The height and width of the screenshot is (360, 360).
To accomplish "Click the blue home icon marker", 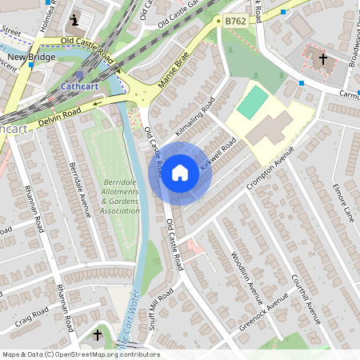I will click(x=180, y=172).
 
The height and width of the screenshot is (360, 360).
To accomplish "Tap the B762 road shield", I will click(x=234, y=22).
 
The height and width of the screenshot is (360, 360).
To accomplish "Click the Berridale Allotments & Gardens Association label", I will click(x=121, y=197).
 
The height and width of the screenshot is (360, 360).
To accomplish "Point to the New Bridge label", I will click(x=30, y=58).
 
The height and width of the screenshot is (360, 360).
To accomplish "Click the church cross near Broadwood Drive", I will click(x=323, y=59).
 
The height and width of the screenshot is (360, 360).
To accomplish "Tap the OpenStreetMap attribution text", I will click(x=80, y=354).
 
